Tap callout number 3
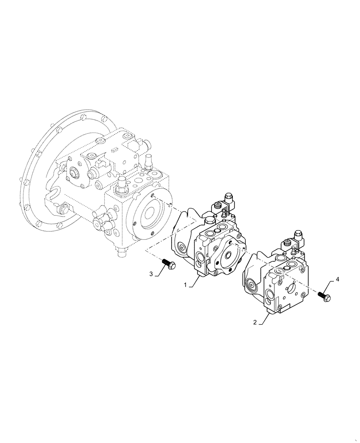click(151, 274)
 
